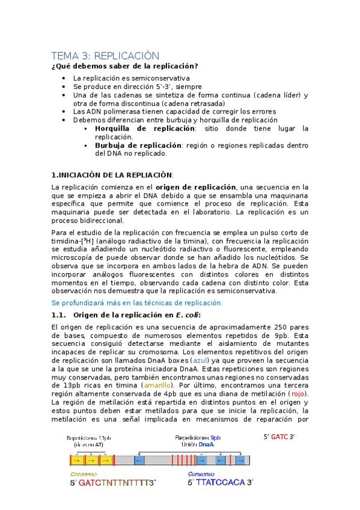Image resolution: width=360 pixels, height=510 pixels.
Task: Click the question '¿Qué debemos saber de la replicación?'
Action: (125, 66)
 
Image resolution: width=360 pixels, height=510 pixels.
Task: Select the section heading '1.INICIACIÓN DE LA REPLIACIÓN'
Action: (112, 175)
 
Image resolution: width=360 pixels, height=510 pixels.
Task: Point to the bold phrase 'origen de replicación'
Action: (196, 187)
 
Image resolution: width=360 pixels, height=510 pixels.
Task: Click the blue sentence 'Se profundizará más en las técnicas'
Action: (136, 303)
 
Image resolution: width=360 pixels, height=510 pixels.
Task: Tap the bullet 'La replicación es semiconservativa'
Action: (131, 78)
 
